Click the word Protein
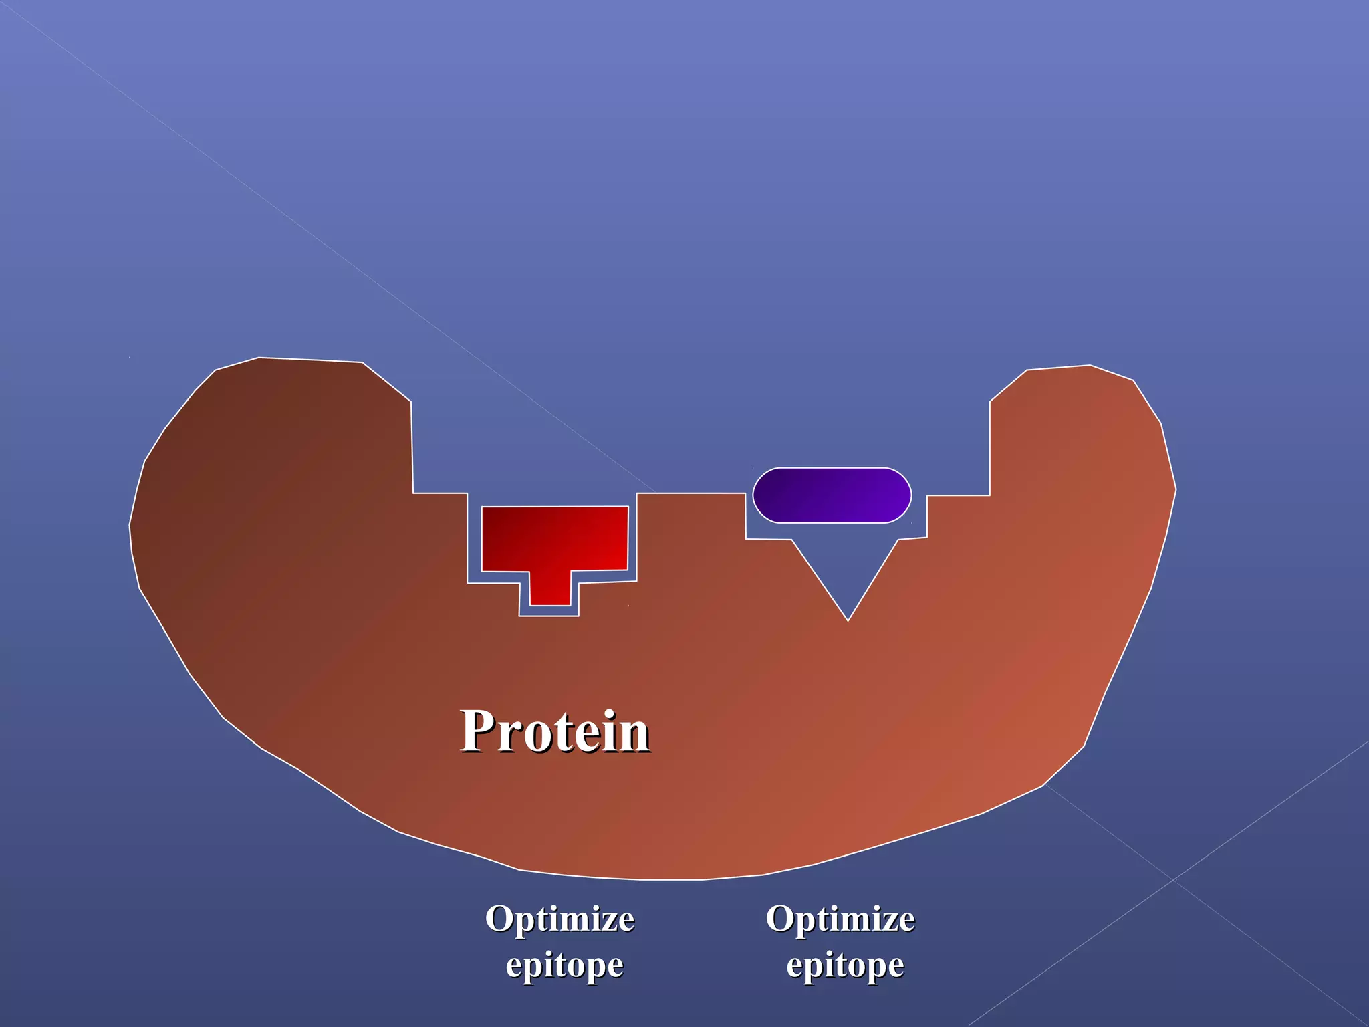click(x=555, y=731)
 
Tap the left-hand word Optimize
click(x=559, y=919)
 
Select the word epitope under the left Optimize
click(x=564, y=965)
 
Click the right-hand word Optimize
click(x=840, y=919)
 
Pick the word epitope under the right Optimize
click(x=845, y=965)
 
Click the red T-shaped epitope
click(x=555, y=539)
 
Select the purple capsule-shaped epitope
click(x=832, y=495)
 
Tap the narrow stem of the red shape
click(x=550, y=588)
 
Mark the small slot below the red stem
click(x=549, y=611)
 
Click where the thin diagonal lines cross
click(x=1173, y=880)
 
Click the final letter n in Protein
click(x=634, y=735)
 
